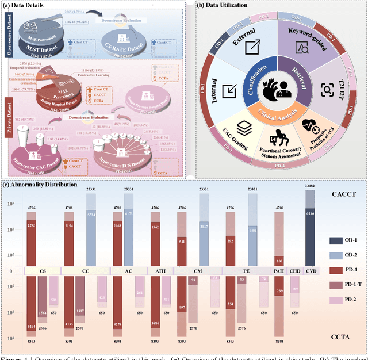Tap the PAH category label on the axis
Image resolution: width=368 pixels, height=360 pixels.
tap(279, 270)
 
